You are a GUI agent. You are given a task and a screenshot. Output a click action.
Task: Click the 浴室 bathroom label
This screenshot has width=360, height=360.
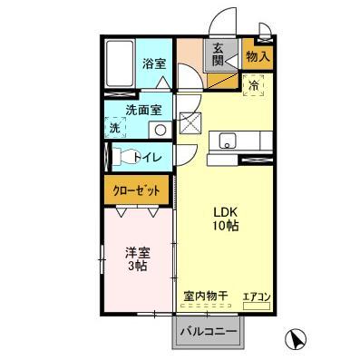click(x=153, y=63)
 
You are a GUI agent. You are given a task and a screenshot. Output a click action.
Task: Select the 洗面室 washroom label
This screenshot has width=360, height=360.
click(x=143, y=109)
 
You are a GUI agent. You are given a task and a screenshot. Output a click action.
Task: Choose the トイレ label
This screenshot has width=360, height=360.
click(x=148, y=158)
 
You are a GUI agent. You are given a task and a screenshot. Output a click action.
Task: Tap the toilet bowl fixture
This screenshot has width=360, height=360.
click(x=123, y=156)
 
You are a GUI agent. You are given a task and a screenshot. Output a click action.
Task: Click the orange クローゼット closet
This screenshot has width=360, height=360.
click(x=136, y=190)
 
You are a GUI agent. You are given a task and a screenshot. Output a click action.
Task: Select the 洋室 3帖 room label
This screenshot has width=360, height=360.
click(x=136, y=259)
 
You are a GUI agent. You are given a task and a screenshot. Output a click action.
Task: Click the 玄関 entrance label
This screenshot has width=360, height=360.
click(x=219, y=55)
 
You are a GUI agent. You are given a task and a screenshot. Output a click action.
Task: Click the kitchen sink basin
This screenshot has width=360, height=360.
click(x=227, y=140)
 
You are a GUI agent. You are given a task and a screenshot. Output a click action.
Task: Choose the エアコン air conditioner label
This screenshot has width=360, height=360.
click(x=257, y=296)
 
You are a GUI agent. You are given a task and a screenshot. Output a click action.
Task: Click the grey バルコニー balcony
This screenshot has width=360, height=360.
click(x=208, y=332)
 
